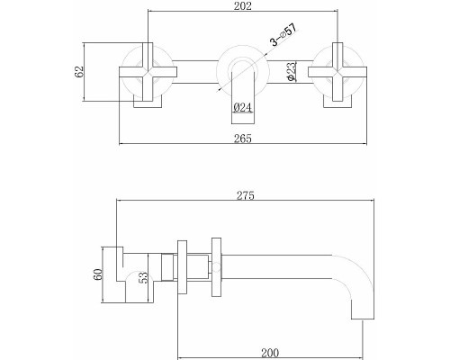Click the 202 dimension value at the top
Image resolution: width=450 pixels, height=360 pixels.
(243, 6)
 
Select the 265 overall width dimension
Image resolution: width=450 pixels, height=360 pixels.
(243, 139)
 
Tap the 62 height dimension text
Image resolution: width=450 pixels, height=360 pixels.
(79, 72)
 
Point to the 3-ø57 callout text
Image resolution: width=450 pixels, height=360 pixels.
(283, 34)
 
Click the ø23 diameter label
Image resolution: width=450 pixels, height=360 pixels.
(292, 71)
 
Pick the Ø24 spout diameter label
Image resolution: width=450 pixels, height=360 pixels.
(242, 107)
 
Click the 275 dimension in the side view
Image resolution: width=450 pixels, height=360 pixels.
(246, 195)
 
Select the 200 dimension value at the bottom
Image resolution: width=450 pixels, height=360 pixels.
(270, 353)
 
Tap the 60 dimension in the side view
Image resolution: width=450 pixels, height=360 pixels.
(98, 274)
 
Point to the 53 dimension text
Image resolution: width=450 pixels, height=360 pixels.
(143, 277)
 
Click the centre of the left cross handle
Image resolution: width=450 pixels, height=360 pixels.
(148, 72)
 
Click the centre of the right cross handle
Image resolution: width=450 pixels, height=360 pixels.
(337, 72)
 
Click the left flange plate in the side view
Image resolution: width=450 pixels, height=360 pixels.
(182, 267)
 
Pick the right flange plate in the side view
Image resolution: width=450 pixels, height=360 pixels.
(216, 267)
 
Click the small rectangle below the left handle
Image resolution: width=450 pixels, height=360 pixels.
(148, 102)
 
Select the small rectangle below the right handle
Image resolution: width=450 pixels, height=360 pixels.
(337, 102)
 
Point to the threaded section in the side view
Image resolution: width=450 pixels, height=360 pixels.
(167, 267)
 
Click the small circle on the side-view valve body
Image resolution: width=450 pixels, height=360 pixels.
(216, 267)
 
